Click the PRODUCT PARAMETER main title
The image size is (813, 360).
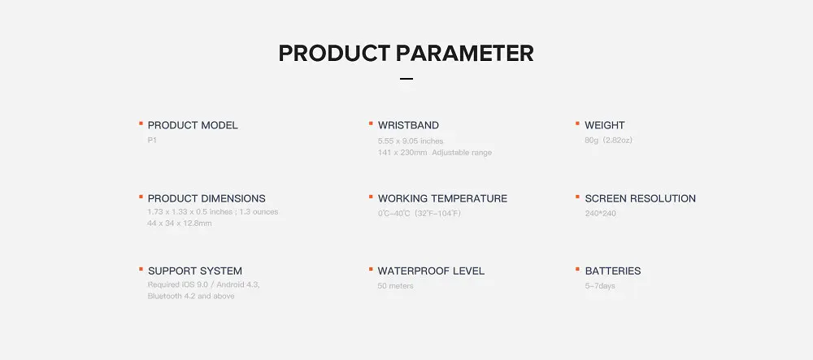pyautogui.click(x=406, y=54)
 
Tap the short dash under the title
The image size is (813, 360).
pyautogui.click(x=406, y=79)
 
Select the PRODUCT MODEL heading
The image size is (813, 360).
pyautogui.click(x=193, y=125)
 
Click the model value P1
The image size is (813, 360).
pyautogui.click(x=152, y=141)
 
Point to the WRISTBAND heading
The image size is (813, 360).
pyautogui.click(x=409, y=125)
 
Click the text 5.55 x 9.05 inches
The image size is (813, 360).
pyautogui.click(x=411, y=141)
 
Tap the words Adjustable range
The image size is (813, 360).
pyautogui.click(x=462, y=153)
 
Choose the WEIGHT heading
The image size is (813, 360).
pyautogui.click(x=605, y=125)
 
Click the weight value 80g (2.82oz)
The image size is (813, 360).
pyautogui.click(x=609, y=141)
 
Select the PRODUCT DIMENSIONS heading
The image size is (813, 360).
pyautogui.click(x=207, y=198)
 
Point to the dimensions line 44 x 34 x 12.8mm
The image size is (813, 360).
pyautogui.click(x=180, y=223)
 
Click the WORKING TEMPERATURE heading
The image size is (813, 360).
pyautogui.click(x=443, y=198)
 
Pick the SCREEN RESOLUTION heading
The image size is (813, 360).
pyautogui.click(x=641, y=198)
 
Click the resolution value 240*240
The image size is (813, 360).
pyautogui.click(x=601, y=214)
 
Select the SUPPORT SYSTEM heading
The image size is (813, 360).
pyautogui.click(x=195, y=271)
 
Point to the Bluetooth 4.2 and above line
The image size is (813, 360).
pyautogui.click(x=191, y=297)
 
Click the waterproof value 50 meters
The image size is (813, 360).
pyautogui.click(x=396, y=286)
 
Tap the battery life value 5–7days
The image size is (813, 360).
pyautogui.click(x=600, y=286)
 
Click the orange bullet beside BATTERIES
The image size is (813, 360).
pyautogui.click(x=577, y=269)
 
